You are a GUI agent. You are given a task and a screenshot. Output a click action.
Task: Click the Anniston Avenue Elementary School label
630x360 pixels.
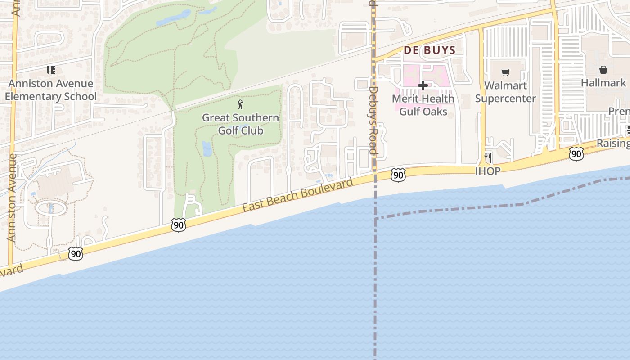point(51,90)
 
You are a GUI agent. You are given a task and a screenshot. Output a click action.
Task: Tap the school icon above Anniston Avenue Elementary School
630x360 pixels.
point(51,70)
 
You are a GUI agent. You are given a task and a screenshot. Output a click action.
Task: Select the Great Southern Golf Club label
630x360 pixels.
point(240,124)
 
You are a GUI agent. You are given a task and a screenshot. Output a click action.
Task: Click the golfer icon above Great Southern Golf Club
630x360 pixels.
point(240,105)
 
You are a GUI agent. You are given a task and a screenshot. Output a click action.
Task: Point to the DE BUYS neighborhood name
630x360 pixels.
point(430,50)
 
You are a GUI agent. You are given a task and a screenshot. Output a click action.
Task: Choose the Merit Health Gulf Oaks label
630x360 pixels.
point(423,105)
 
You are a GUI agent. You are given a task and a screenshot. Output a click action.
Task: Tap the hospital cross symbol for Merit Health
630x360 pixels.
point(423,85)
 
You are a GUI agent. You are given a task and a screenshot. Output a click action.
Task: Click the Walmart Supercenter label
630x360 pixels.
point(505,92)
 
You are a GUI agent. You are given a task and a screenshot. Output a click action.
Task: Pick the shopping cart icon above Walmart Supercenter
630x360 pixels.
point(506,72)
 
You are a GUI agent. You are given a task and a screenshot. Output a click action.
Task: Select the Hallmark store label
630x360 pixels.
point(603,83)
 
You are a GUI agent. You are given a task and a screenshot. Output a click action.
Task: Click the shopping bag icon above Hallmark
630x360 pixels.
point(603,70)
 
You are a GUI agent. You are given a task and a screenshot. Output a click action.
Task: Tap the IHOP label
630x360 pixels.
point(488,171)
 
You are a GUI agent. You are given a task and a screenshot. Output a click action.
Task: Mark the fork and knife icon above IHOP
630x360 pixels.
point(488,157)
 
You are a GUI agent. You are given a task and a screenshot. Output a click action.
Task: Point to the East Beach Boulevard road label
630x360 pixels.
point(297,195)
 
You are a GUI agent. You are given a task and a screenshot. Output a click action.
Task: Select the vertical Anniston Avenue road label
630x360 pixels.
point(11,198)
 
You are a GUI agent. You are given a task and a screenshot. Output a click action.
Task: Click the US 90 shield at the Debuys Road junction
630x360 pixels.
point(398,175)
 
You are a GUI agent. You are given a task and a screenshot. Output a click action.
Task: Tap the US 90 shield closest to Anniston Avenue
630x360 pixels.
point(76,253)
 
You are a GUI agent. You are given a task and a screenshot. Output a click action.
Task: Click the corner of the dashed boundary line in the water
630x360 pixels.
point(375,219)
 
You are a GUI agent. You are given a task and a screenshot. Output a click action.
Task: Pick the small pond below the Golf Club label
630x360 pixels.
point(207,148)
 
